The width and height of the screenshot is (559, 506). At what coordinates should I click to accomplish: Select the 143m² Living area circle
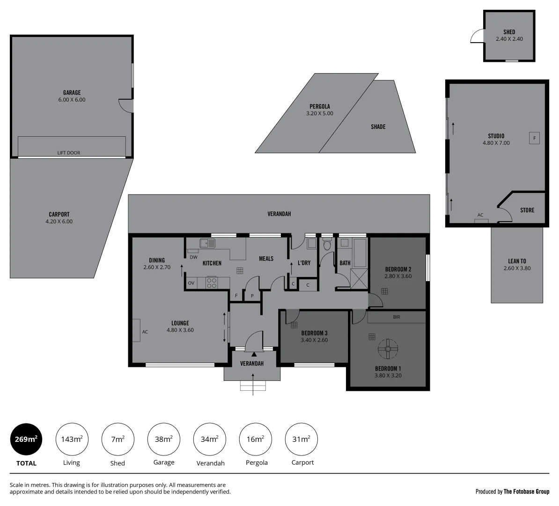(72, 439)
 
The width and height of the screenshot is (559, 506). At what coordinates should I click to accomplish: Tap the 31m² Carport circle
(301, 439)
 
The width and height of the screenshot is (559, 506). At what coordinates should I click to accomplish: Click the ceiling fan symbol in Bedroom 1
(388, 348)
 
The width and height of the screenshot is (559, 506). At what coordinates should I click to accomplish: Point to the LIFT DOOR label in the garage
(69, 153)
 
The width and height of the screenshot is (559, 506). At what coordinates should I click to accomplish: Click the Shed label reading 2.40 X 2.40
(509, 36)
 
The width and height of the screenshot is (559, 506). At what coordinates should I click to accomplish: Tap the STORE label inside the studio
(527, 210)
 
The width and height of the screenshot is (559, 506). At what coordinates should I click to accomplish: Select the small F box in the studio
(534, 138)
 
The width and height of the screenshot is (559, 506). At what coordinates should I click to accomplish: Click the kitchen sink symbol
(207, 243)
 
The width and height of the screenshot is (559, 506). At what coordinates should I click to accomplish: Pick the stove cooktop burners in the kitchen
(212, 283)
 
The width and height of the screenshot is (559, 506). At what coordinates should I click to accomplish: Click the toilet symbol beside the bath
(327, 245)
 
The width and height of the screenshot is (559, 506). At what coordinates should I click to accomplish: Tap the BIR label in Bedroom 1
(397, 317)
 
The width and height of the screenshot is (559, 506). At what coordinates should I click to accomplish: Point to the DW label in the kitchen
(193, 257)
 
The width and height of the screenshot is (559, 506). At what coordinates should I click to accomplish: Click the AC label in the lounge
(145, 332)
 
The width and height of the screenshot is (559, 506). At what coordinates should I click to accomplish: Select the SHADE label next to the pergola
(378, 127)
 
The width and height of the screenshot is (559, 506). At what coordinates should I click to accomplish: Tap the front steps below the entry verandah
(253, 386)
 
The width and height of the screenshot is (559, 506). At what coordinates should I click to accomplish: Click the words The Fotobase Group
(526, 491)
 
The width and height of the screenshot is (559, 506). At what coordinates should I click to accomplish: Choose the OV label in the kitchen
(191, 283)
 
